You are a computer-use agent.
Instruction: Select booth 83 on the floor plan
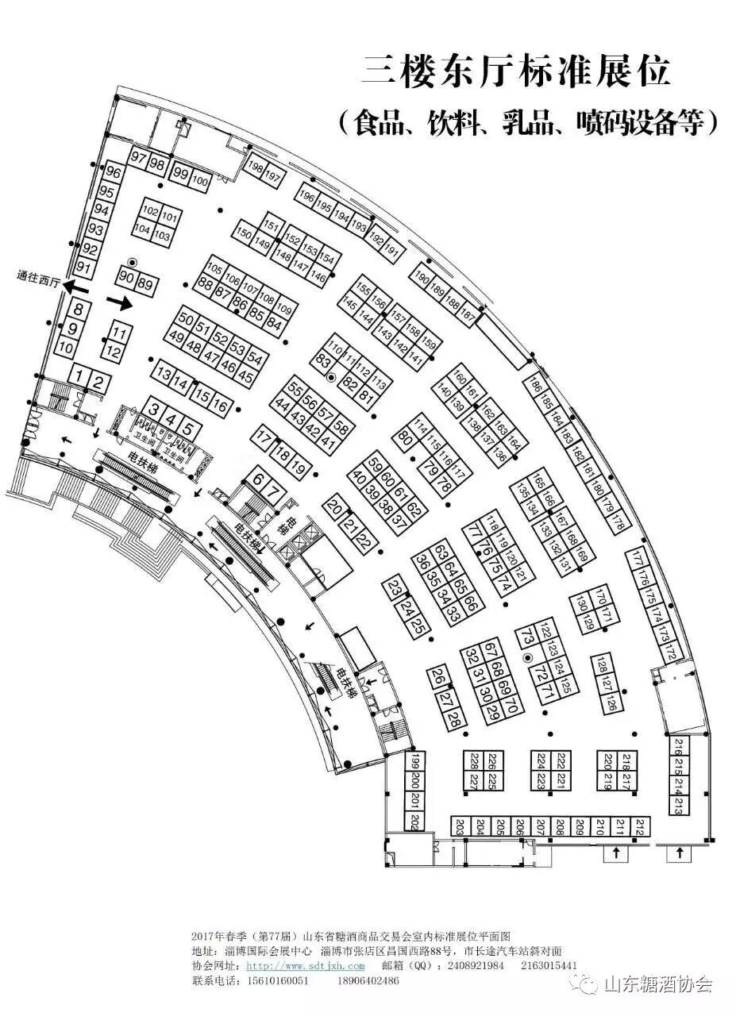click(x=323, y=361)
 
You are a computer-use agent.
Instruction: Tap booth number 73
click(x=524, y=637)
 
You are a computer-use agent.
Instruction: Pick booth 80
click(x=404, y=436)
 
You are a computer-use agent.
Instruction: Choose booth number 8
click(x=79, y=310)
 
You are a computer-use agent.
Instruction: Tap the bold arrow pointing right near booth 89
click(x=119, y=302)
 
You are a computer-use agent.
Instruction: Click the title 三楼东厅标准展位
click(x=516, y=72)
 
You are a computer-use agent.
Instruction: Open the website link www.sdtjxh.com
click(x=305, y=966)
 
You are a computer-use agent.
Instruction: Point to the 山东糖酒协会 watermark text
click(x=658, y=985)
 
